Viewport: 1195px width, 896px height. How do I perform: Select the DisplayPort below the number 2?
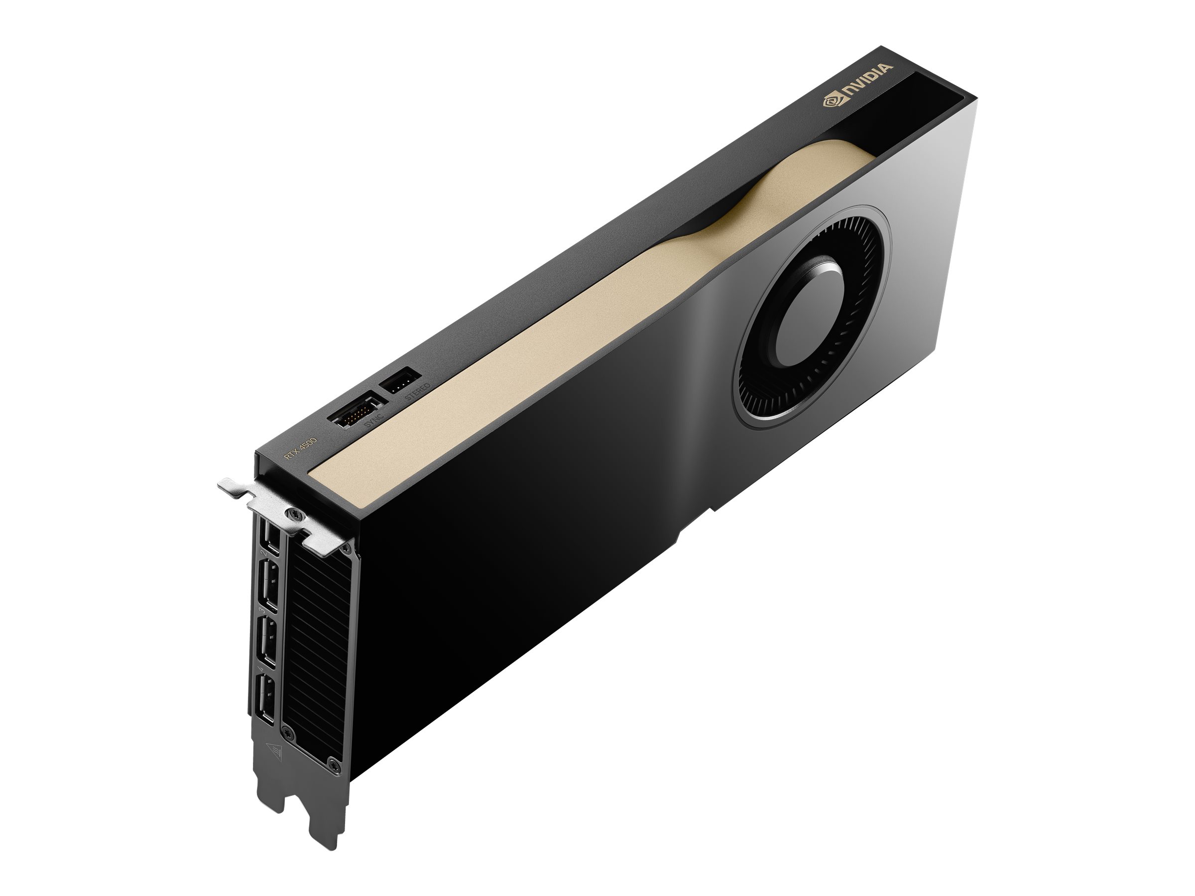268,586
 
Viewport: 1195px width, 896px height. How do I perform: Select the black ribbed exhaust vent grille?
316,648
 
